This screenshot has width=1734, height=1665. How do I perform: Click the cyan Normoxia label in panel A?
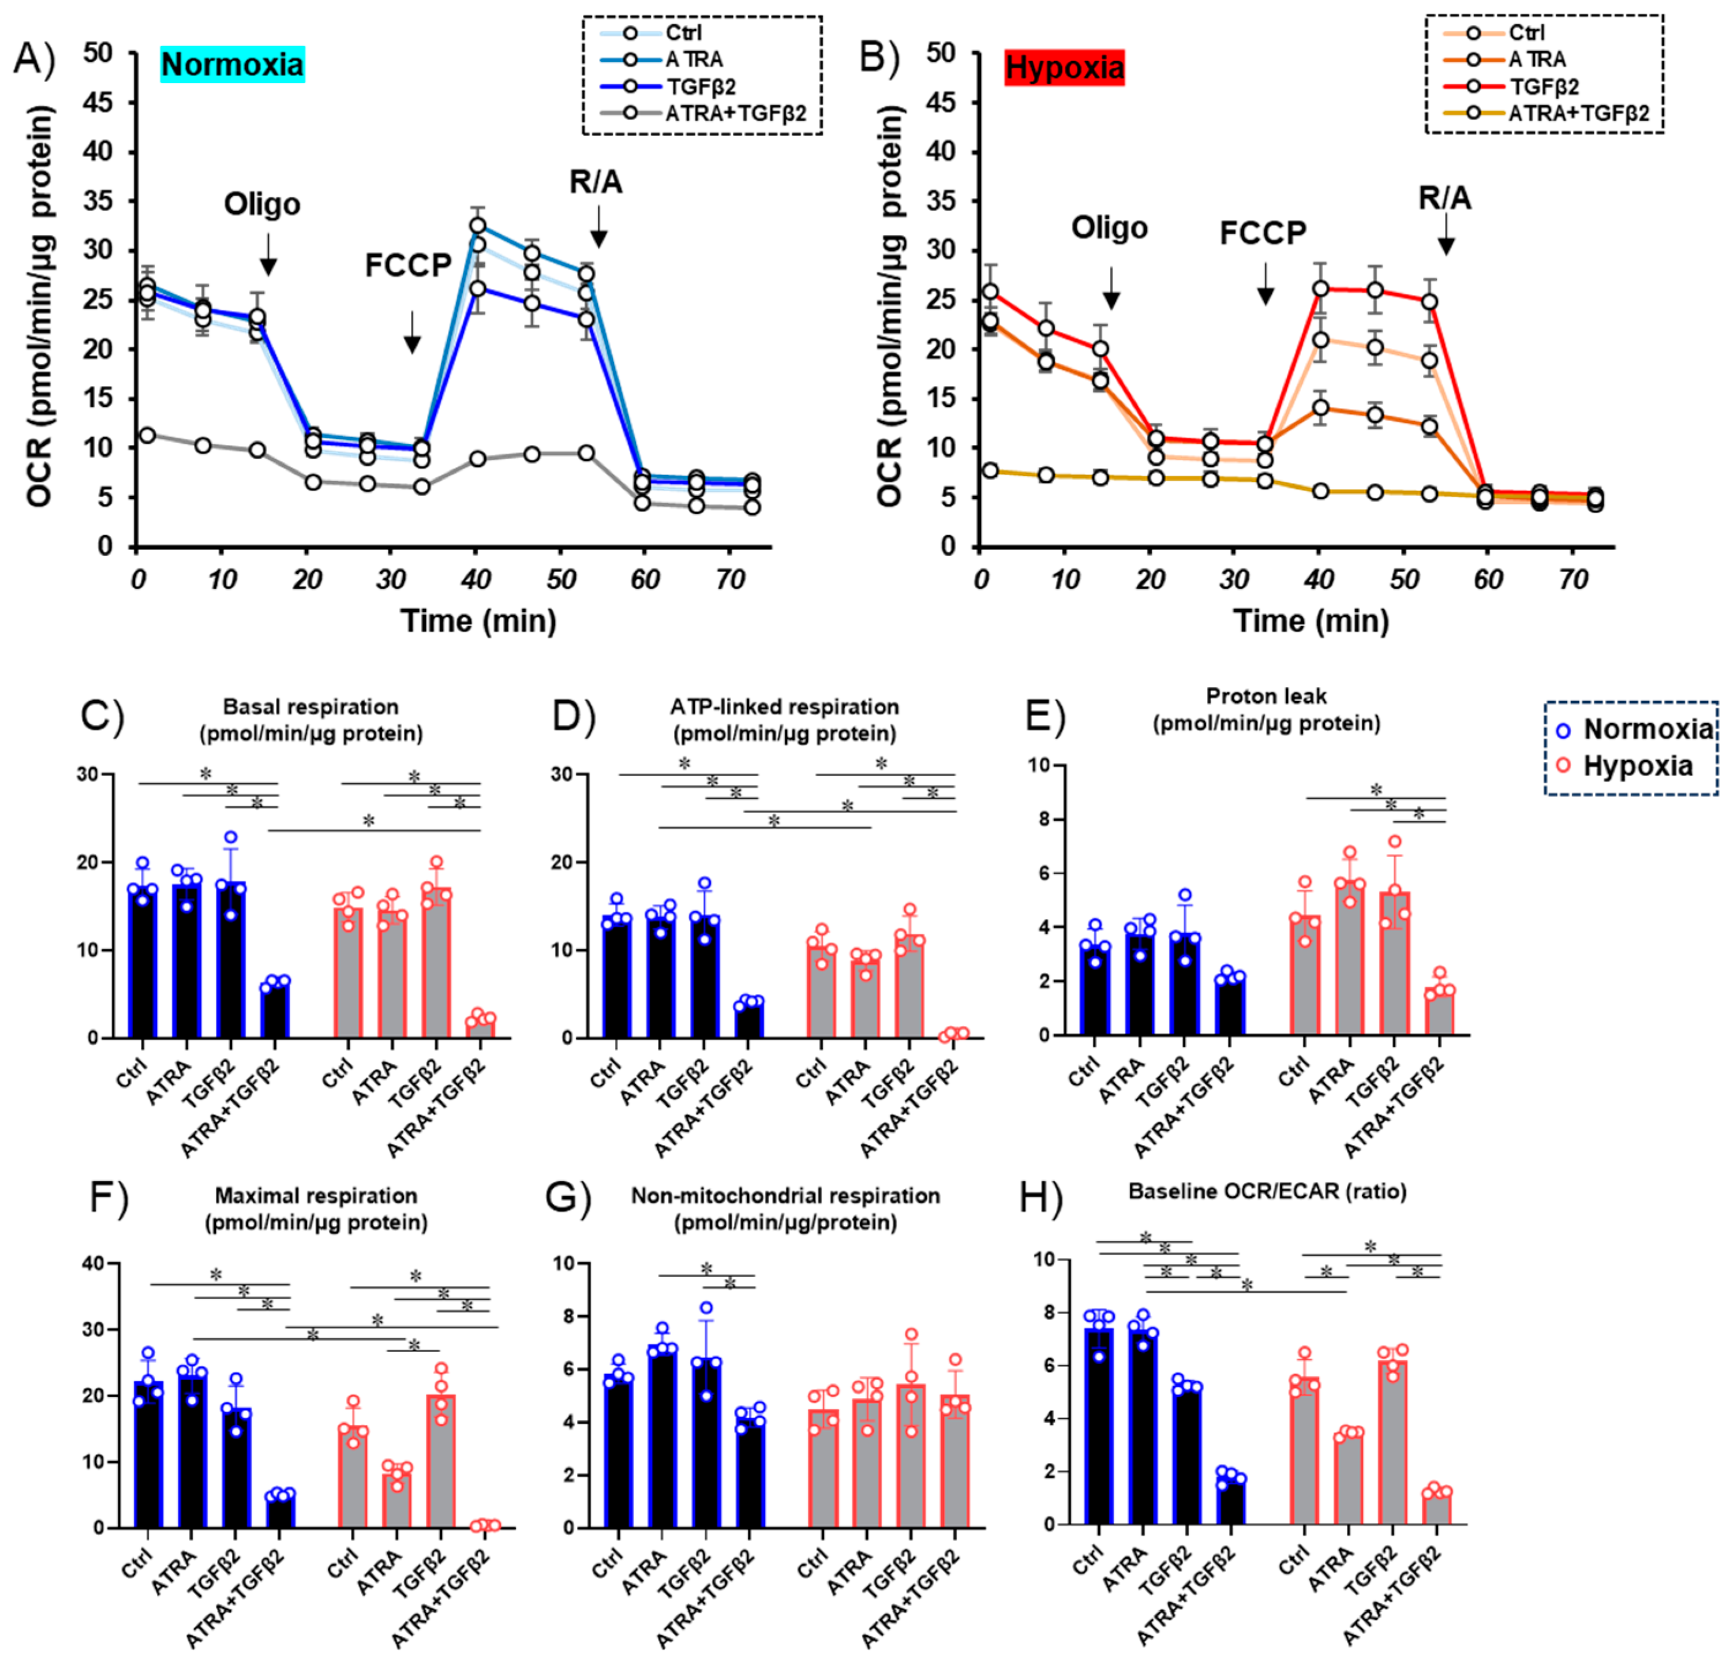pyautogui.click(x=233, y=65)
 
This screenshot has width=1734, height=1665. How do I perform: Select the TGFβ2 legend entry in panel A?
pyautogui.click(x=701, y=87)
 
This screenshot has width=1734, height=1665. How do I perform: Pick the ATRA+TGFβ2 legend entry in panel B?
pyautogui.click(x=1578, y=113)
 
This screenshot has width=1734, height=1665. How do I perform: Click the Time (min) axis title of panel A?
pyautogui.click(x=478, y=621)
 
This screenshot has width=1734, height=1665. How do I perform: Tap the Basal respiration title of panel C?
pyautogui.click(x=310, y=719)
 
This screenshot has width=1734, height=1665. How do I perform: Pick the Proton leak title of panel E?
pyautogui.click(x=1266, y=709)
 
